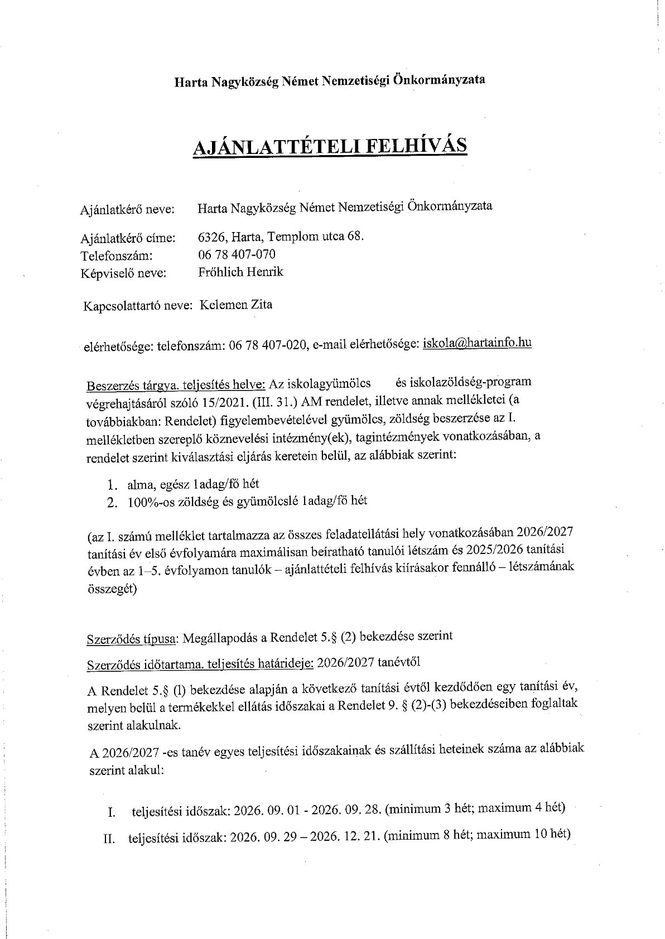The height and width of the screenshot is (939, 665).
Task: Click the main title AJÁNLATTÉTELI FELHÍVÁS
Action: point(329,146)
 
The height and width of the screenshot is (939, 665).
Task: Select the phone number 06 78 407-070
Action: point(237,254)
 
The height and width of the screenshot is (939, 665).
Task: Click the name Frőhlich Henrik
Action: point(240,272)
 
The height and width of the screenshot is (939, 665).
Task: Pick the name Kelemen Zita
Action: point(235,305)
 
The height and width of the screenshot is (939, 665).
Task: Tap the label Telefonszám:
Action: point(117,256)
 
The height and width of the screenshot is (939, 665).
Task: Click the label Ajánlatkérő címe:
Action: point(128,238)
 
